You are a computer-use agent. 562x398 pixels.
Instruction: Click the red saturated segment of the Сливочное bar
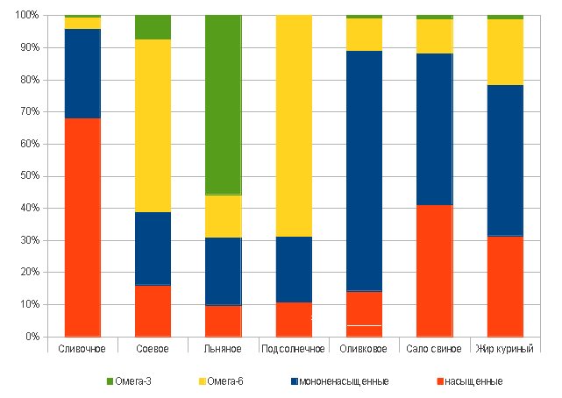click(82, 227)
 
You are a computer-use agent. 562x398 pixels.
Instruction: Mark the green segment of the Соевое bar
click(153, 27)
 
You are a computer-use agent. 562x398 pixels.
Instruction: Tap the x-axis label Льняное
click(223, 349)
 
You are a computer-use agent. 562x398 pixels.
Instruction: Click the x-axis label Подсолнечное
click(294, 349)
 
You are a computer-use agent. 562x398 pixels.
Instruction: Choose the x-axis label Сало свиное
click(434, 349)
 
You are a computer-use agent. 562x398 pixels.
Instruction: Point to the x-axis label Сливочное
click(82, 349)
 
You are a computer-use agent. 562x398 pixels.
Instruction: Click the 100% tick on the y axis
click(25, 16)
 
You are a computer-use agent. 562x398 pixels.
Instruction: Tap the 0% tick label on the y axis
click(31, 337)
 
